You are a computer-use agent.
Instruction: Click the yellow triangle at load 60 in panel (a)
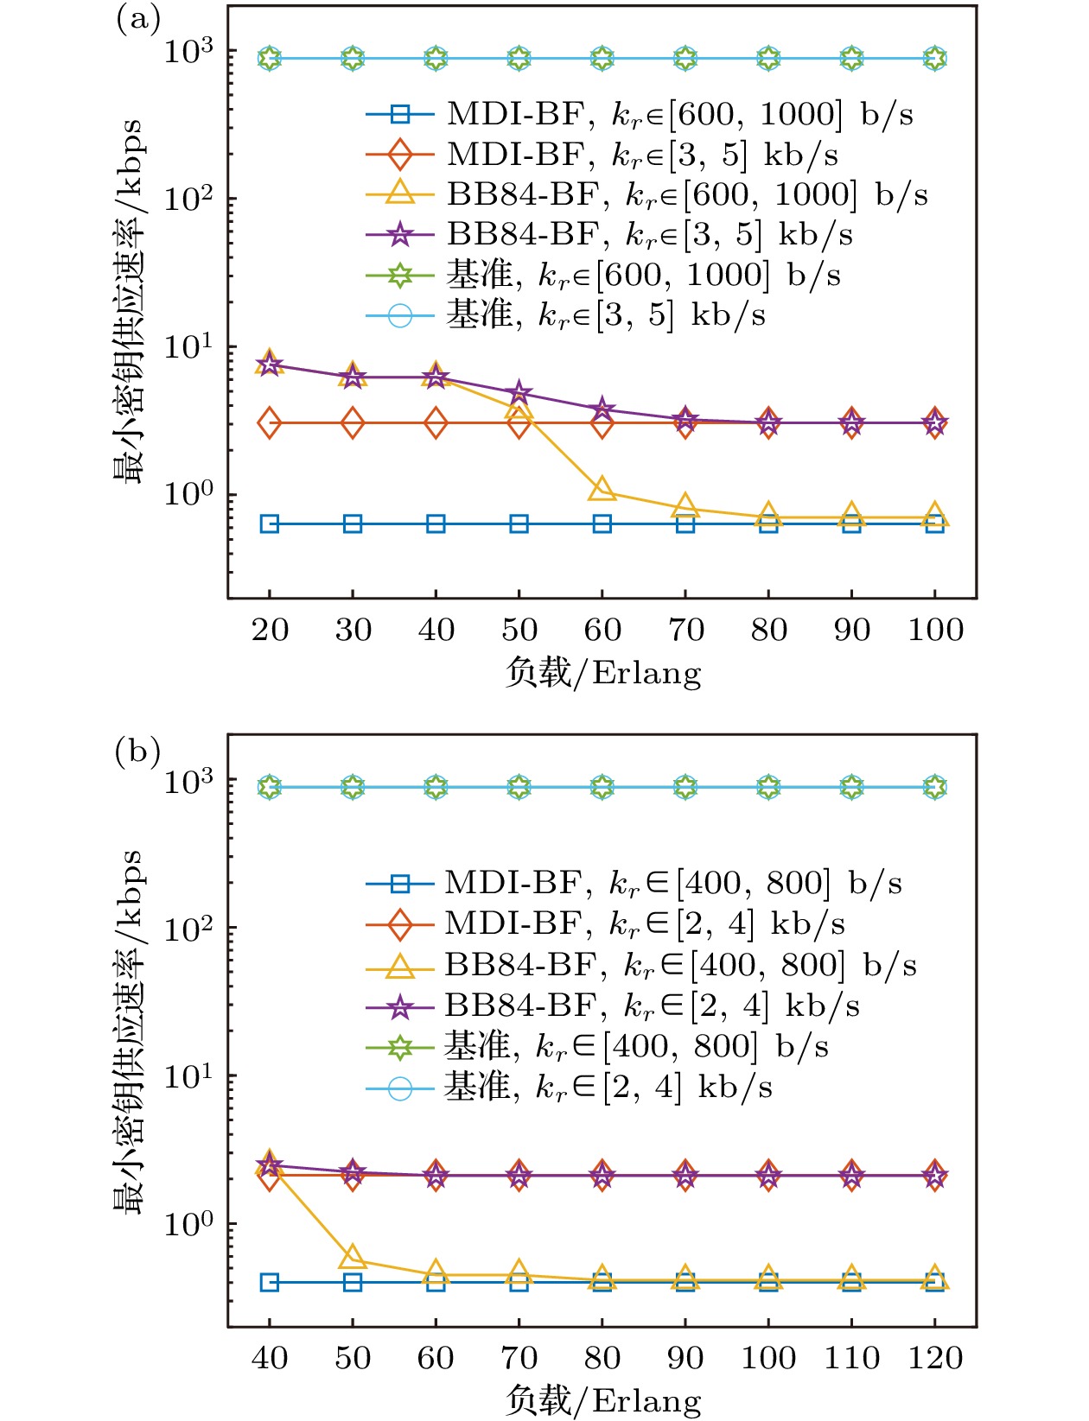[602, 489]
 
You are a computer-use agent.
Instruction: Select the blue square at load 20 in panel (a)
[270, 523]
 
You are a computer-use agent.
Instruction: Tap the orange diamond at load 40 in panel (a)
[436, 423]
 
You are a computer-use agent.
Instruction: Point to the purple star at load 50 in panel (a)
[519, 394]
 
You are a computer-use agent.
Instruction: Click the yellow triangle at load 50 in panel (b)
[353, 1258]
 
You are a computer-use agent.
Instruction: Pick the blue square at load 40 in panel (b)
[270, 1282]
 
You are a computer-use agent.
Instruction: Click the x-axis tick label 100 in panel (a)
[935, 630]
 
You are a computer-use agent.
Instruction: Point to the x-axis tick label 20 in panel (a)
[270, 630]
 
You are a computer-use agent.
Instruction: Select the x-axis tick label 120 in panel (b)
[935, 1358]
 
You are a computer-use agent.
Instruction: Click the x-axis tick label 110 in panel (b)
[851, 1358]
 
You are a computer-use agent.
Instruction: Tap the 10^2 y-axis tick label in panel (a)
[188, 199]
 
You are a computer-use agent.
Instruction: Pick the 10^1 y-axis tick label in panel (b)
[188, 1075]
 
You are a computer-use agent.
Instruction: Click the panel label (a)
[138, 19]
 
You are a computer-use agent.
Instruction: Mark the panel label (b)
[138, 752]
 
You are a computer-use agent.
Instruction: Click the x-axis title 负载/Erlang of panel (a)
[602, 672]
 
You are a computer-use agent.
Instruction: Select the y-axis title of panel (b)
[128, 1032]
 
